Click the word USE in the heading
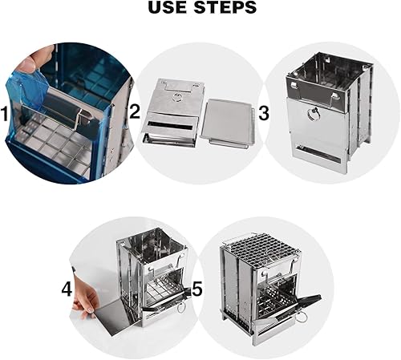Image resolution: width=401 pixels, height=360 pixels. click(168, 7)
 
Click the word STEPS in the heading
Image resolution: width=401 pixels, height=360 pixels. click(225, 7)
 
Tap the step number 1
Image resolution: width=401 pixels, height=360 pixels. click(5, 114)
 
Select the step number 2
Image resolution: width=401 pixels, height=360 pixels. click(135, 111)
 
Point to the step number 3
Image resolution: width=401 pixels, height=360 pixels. click(264, 113)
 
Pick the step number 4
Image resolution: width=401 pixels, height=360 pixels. click(67, 289)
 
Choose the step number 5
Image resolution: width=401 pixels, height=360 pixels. click(197, 289)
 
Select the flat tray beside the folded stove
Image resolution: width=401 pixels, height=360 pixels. click(227, 122)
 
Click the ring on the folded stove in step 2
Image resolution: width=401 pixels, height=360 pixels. click(177, 97)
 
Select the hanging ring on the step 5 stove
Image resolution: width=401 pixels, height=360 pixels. click(302, 318)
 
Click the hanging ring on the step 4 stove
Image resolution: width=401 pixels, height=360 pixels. click(180, 308)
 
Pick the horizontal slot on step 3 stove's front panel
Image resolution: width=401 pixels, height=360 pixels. click(318, 154)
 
